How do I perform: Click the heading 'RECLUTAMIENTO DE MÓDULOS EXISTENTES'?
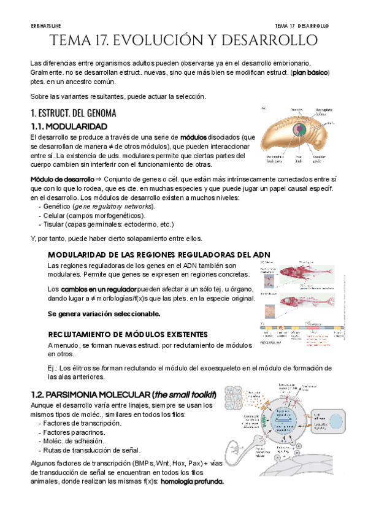128,334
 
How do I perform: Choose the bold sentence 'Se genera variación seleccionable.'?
104,313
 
